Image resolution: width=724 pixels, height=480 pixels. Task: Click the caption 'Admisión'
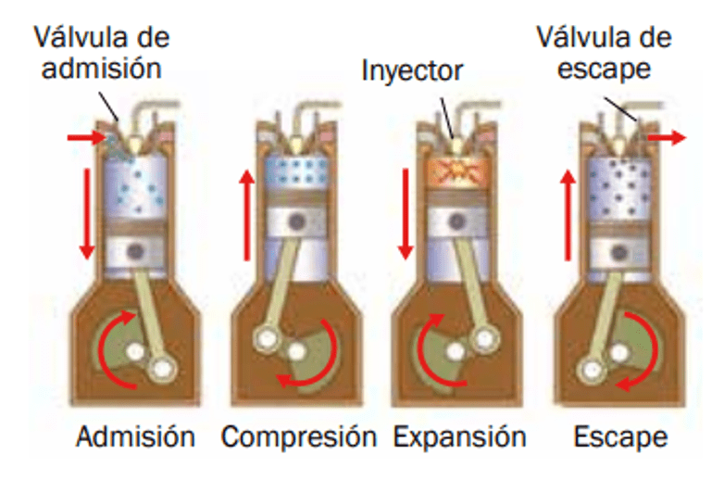click(136, 436)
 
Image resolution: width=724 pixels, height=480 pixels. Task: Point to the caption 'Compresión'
click(299, 436)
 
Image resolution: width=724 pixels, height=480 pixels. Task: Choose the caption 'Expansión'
click(459, 436)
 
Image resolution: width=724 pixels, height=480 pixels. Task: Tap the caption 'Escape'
click(619, 436)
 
